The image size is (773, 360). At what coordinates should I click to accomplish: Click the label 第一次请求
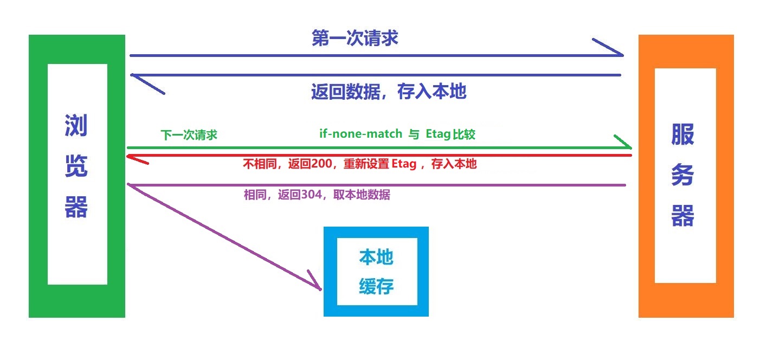click(355, 38)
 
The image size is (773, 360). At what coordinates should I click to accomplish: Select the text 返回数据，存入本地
click(389, 92)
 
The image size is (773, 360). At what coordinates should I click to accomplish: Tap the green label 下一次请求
click(189, 134)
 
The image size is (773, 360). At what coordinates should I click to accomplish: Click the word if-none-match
click(360, 133)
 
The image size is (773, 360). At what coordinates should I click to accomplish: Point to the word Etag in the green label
click(438, 134)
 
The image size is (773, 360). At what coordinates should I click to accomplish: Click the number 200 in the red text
click(321, 163)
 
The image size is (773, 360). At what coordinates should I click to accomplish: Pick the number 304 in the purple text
click(311, 195)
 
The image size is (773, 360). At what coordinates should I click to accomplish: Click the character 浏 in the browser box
click(76, 125)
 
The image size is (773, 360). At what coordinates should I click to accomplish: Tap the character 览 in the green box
click(76, 166)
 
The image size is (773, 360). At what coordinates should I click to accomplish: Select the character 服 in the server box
click(682, 134)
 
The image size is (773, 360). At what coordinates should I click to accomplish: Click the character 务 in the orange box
click(682, 175)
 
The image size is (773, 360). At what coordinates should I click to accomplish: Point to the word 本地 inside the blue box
click(376, 257)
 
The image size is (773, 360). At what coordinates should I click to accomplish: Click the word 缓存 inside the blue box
click(376, 286)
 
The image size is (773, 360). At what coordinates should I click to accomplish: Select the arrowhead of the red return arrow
click(128, 157)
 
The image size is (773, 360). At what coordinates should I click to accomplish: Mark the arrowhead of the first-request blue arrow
click(622, 55)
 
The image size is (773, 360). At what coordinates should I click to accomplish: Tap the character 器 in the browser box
click(76, 207)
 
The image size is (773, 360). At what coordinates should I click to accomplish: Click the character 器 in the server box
click(682, 215)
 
